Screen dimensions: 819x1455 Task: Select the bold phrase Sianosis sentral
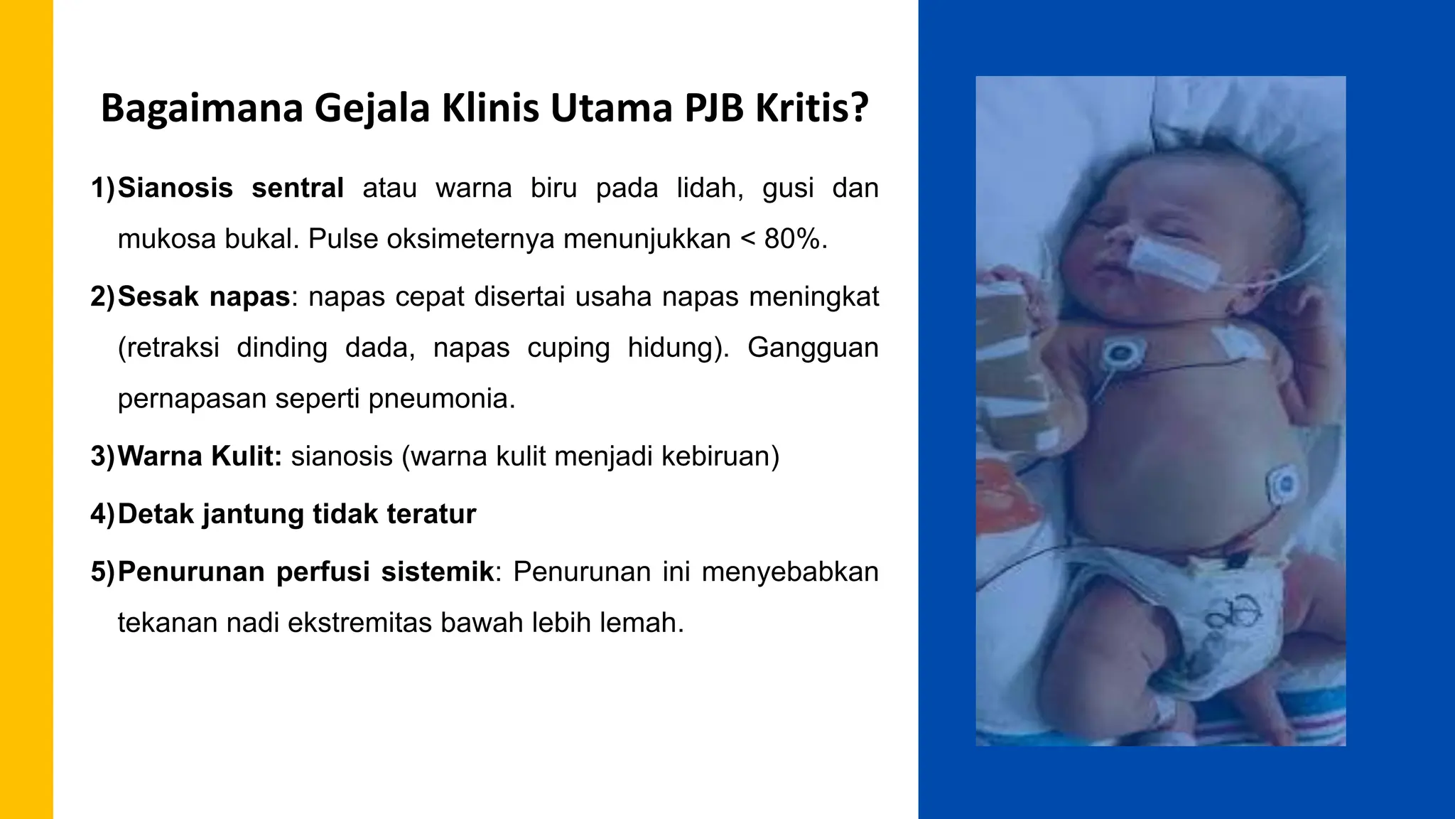(231, 188)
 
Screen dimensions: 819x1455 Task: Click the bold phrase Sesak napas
(204, 296)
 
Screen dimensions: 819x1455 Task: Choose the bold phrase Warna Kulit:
(200, 456)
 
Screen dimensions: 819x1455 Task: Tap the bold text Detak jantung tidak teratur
(296, 514)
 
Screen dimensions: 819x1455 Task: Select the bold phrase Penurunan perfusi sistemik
(305, 572)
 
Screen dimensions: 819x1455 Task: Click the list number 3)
(102, 456)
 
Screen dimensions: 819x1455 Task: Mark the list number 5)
(102, 572)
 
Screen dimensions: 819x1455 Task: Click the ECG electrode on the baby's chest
(1121, 353)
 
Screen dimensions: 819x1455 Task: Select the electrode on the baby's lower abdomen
(1283, 486)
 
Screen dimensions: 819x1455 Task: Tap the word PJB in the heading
(713, 108)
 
